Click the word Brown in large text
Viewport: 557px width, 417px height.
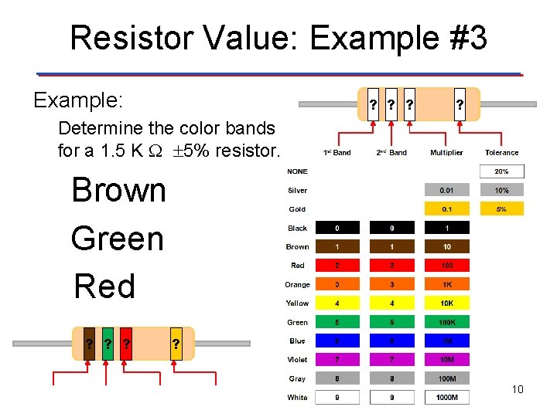[x=118, y=190]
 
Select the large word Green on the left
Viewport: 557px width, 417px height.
[x=118, y=239]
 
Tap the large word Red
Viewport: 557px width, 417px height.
[x=104, y=286]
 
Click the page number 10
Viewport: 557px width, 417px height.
[x=517, y=389]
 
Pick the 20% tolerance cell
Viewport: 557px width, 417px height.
[x=501, y=171]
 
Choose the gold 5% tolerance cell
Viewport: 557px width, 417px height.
[x=501, y=208]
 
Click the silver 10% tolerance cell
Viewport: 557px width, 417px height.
[x=501, y=190]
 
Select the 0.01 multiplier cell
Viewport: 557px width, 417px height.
[x=446, y=190]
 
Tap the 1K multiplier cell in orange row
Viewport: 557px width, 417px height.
[x=446, y=284]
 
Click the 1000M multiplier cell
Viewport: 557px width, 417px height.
[x=446, y=398]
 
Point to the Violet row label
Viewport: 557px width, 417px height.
[x=297, y=360]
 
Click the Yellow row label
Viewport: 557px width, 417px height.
[x=297, y=303]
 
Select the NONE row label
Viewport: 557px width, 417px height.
[x=297, y=171]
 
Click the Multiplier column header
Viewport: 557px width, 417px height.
[x=446, y=153]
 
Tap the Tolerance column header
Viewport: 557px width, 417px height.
[x=501, y=153]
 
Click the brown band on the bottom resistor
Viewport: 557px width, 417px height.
[x=90, y=344]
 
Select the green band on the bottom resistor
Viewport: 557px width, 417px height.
[x=108, y=344]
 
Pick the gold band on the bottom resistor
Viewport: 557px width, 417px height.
[x=176, y=344]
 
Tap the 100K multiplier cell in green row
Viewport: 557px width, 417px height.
[x=446, y=322]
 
